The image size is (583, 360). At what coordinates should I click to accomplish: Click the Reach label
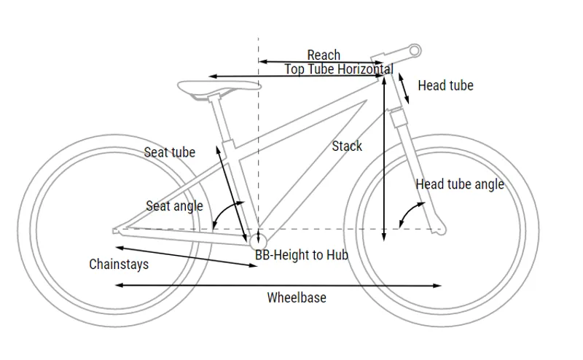tap(324, 55)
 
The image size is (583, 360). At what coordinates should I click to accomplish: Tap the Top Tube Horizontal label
tap(338, 69)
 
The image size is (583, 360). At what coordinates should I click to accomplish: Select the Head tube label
tap(445, 85)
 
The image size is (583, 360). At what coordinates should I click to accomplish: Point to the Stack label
tap(347, 146)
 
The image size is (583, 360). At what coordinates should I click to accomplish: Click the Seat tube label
tap(170, 152)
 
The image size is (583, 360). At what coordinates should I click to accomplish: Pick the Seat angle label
tap(174, 206)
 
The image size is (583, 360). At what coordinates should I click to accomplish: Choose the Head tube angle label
tap(460, 184)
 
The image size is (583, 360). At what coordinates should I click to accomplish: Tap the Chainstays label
tap(119, 263)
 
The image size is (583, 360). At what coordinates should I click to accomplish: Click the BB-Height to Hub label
tap(302, 255)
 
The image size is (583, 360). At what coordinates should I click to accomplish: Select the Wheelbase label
tap(297, 297)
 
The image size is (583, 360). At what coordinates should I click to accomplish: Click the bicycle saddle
tap(219, 87)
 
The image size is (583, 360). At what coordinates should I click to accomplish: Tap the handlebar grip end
tap(415, 50)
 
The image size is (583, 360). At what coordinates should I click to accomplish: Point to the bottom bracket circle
tap(257, 238)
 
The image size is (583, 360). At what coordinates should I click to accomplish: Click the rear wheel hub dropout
tap(116, 231)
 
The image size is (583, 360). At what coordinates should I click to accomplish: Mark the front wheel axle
tap(439, 230)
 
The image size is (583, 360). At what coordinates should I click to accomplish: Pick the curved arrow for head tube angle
tap(411, 213)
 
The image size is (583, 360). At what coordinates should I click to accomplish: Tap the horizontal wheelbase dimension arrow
tap(277, 286)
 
